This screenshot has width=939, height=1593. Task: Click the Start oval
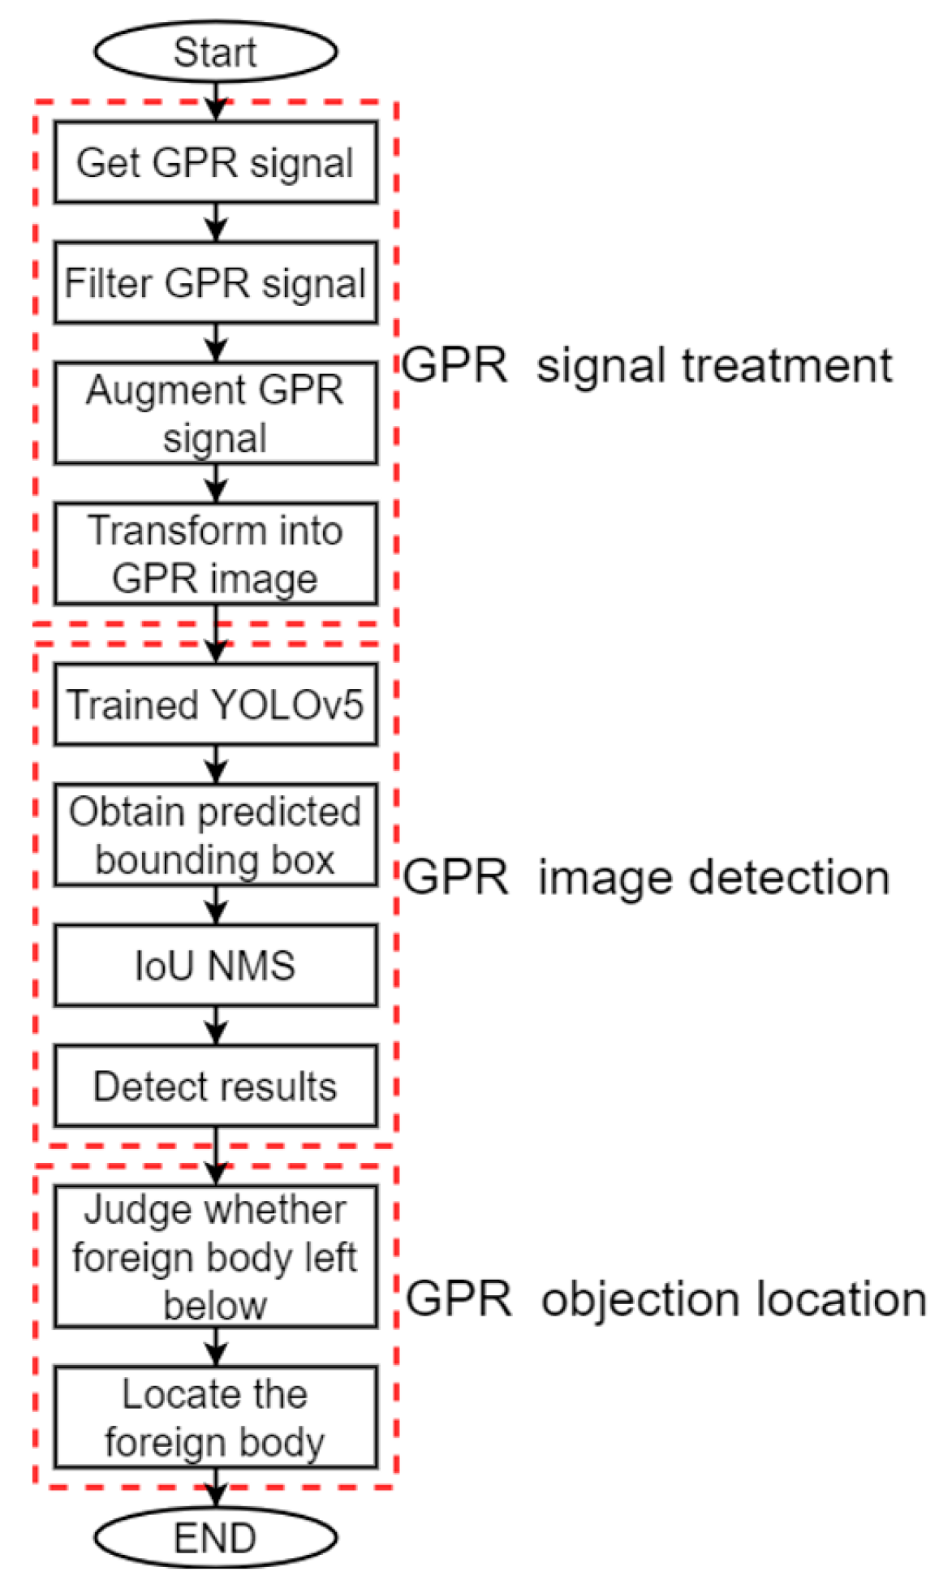click(x=215, y=51)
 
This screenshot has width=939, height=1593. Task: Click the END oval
click(x=215, y=1537)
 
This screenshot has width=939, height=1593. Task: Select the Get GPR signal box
click(x=215, y=162)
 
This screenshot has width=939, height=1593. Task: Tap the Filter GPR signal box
click(x=215, y=282)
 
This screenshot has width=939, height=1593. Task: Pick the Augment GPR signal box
click(x=215, y=413)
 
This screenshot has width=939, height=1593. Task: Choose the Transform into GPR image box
click(x=215, y=553)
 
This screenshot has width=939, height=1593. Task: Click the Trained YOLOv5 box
click(x=215, y=704)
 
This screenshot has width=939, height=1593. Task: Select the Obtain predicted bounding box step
click(x=215, y=834)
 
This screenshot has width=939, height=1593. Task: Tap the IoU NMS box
click(x=215, y=965)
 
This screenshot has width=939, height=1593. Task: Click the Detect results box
click(x=215, y=1086)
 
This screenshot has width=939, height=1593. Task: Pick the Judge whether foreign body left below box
click(x=215, y=1256)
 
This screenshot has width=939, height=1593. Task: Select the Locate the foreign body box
click(x=215, y=1417)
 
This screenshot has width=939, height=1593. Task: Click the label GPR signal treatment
click(x=647, y=365)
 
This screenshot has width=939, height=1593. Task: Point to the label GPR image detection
click(x=647, y=878)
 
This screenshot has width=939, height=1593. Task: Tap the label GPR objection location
click(x=665, y=1298)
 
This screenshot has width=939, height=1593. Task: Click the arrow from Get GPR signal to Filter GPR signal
click(x=216, y=222)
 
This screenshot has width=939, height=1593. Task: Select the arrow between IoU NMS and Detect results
click(x=216, y=1025)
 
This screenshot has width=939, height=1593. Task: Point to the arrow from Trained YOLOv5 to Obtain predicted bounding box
click(x=216, y=764)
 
